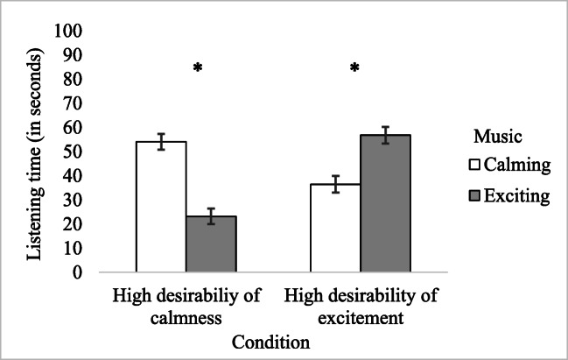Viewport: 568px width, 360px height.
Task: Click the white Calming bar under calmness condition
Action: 161,207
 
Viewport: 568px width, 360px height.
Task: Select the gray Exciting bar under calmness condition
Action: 211,244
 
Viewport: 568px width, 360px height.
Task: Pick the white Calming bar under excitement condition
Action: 335,228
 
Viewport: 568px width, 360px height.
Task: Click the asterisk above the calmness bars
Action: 198,68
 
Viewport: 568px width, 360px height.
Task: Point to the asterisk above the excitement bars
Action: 355,68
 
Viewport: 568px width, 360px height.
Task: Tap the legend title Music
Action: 498,137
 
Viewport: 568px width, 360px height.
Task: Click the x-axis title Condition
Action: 272,342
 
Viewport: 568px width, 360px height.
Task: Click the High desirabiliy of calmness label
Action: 186,304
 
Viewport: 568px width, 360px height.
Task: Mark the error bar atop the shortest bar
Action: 211,216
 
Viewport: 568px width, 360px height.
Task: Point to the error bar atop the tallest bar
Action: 385,135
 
